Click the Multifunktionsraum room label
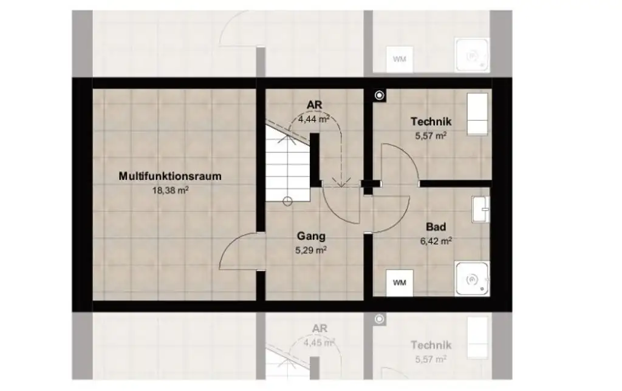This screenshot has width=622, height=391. coord(170,177)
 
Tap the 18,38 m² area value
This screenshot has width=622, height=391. coord(170,189)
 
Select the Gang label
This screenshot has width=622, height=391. coord(311,236)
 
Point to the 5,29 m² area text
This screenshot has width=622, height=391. coord(311,249)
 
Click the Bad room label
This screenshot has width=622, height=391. coord(436,227)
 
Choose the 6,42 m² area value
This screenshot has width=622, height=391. coord(436,240)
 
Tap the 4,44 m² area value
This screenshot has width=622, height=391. coord(314,119)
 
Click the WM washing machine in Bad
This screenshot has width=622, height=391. coord(399,282)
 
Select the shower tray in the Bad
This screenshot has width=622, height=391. coord(472,279)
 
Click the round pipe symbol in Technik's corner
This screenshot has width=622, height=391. coord(380,95)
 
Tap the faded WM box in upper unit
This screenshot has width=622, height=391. coord(399,59)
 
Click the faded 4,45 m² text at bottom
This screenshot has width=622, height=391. coord(320,342)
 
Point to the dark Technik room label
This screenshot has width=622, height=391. coord(431,122)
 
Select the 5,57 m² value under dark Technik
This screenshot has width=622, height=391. coord(431,135)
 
